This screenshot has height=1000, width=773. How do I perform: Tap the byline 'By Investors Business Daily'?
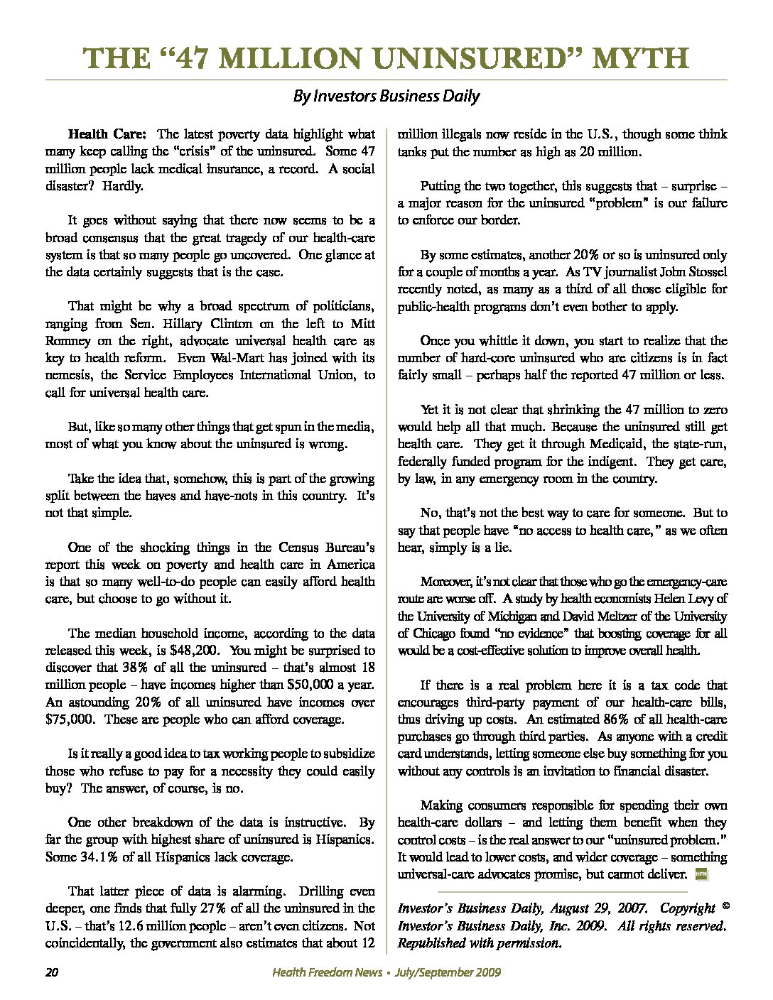pyautogui.click(x=386, y=96)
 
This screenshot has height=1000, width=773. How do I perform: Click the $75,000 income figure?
pyautogui.click(x=68, y=719)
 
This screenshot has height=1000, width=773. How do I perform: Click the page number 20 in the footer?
pyautogui.click(x=51, y=972)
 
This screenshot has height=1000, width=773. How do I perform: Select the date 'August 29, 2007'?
pyautogui.click(x=595, y=908)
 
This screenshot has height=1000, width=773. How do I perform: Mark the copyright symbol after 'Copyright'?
pyautogui.click(x=725, y=907)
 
